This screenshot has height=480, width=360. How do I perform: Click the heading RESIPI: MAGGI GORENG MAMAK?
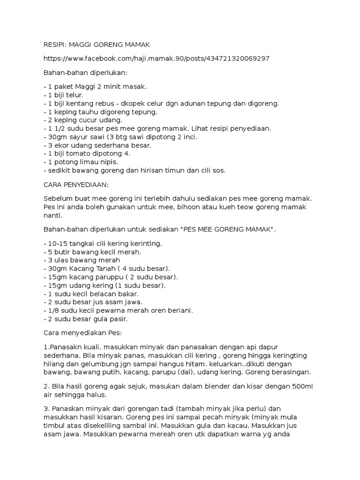tap(96, 45)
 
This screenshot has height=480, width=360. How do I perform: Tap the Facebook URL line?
tap(156, 59)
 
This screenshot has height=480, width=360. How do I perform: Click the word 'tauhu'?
tap(87, 112)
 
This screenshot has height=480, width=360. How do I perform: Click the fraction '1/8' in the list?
tap(53, 311)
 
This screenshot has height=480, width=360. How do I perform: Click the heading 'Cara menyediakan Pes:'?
tap(82, 333)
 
